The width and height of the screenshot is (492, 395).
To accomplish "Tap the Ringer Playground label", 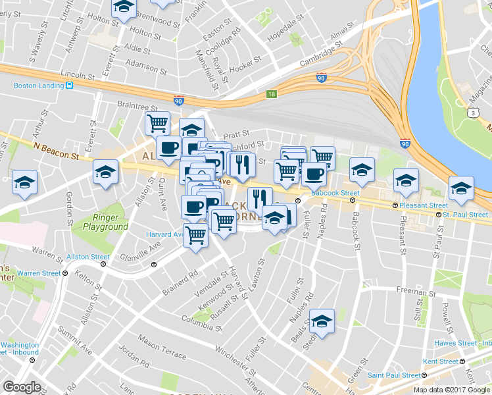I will point(105,222).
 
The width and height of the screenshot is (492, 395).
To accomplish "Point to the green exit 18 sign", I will point(272,95).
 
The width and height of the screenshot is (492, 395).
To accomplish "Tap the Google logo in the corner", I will point(22,387).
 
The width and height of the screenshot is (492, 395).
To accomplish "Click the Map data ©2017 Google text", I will point(452,390).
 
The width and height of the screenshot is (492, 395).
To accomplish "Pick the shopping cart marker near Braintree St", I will point(157,122).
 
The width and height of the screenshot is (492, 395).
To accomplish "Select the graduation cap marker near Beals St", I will point(322,321).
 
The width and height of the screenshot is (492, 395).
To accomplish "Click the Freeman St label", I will point(413,290).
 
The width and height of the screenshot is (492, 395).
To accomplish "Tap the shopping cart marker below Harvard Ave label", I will point(195,234).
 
